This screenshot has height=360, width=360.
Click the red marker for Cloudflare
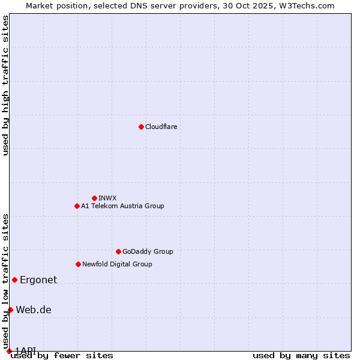tap(141, 127)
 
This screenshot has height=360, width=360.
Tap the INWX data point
tap(94, 198)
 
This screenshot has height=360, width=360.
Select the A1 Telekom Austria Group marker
tap(77, 206)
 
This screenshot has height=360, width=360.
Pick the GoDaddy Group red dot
tap(118, 251)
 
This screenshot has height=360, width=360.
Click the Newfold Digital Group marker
tap(78, 264)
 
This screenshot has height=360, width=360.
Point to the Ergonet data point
tap(14, 280)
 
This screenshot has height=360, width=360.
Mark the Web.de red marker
tap(10, 310)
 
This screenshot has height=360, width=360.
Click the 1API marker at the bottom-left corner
tap(9, 351)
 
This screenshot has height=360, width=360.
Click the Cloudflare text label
tap(161, 127)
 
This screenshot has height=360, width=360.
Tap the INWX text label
tap(107, 198)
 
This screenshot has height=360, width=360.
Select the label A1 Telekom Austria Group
tap(122, 206)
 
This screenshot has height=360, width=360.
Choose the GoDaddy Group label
tap(148, 251)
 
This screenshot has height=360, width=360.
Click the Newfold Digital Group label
tap(117, 264)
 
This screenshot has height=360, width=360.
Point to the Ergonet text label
tap(38, 280)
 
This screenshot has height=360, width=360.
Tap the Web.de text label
tap(34, 310)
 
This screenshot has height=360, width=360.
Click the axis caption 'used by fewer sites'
tap(62, 355)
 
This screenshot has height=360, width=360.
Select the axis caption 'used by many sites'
tap(301, 355)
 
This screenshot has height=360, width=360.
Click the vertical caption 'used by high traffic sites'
tap(5, 85)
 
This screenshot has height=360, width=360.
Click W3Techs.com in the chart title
tap(305, 5)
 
